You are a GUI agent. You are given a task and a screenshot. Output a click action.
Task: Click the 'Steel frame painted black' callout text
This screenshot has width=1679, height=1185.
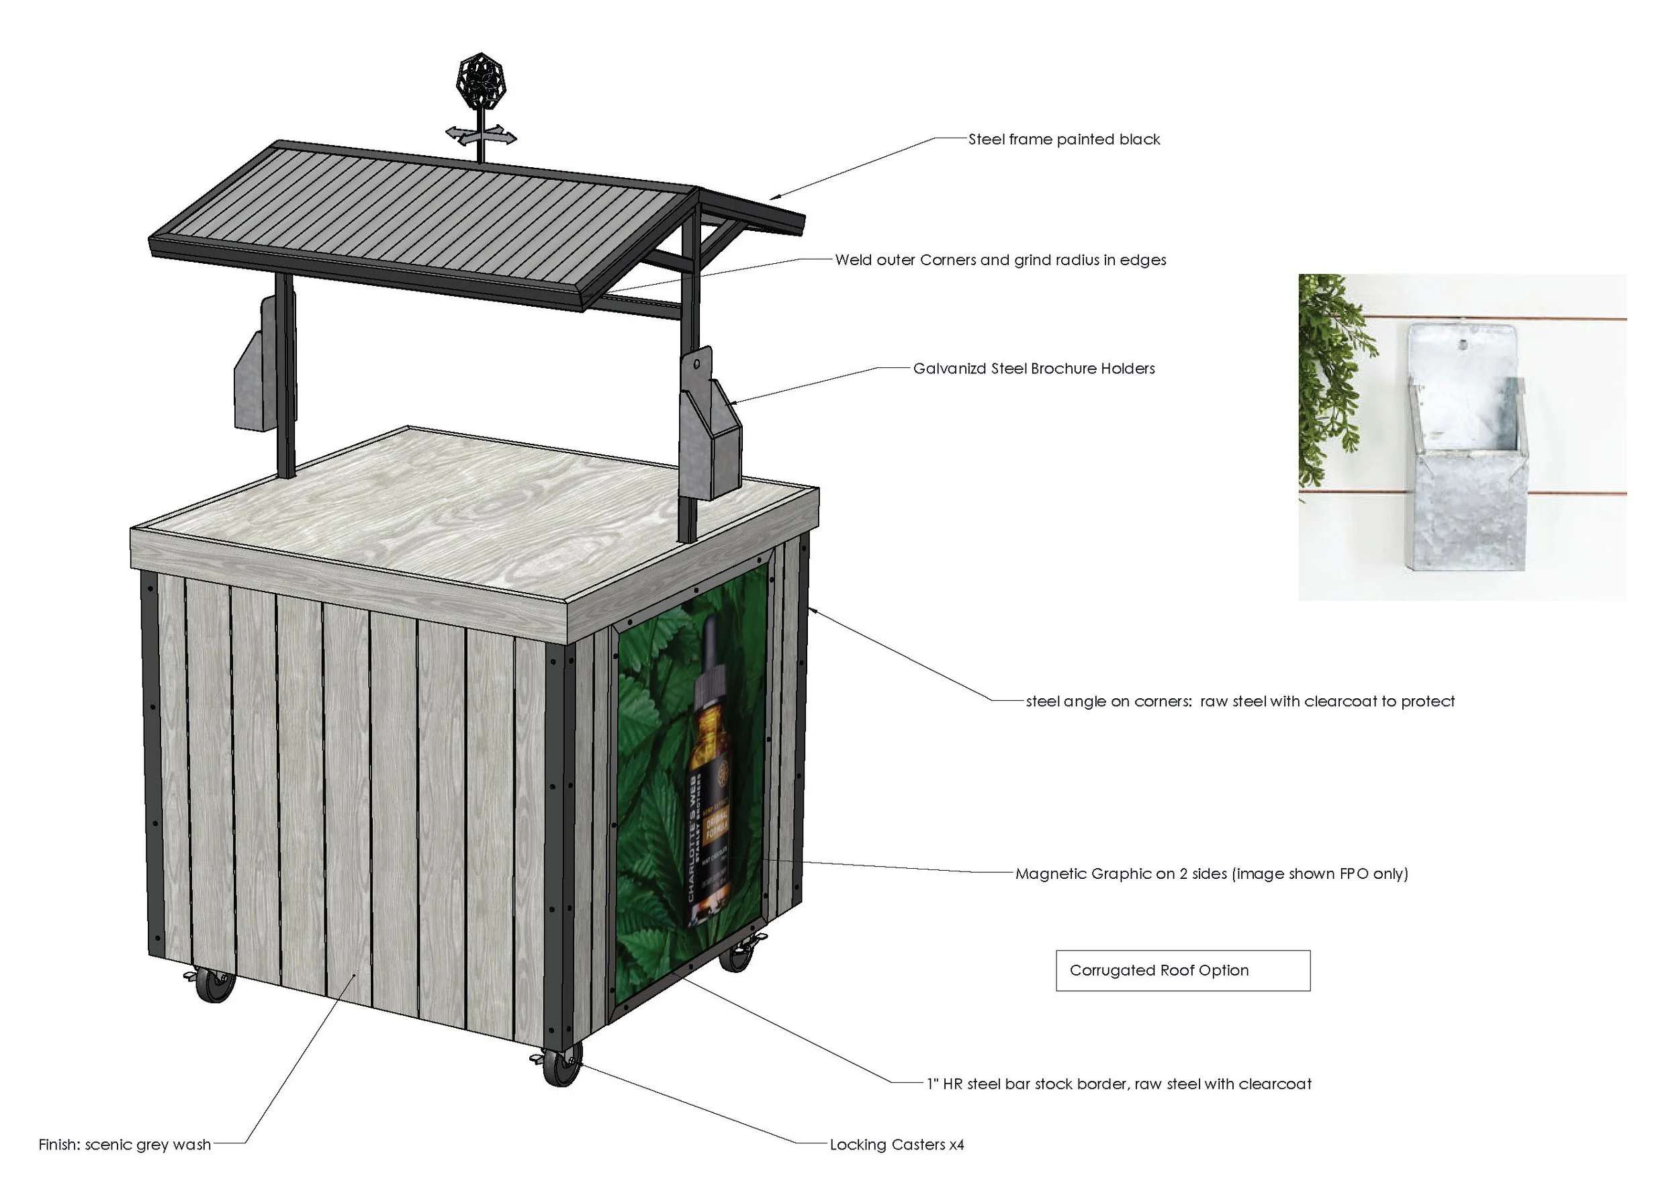click(x=1063, y=140)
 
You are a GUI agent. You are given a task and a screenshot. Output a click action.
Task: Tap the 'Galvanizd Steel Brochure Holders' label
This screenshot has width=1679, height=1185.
click(x=1034, y=369)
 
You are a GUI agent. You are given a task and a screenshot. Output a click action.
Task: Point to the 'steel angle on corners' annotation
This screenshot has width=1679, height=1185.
click(x=1240, y=702)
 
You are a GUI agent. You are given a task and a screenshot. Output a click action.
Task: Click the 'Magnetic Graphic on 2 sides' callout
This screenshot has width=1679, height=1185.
click(x=1211, y=873)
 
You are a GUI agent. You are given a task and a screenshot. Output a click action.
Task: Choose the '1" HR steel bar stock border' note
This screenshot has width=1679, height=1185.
click(x=1118, y=1084)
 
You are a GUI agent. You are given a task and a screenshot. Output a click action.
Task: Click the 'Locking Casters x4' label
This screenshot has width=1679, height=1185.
click(x=896, y=1145)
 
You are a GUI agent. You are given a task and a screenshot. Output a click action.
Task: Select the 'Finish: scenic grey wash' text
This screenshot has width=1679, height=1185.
click(x=124, y=1145)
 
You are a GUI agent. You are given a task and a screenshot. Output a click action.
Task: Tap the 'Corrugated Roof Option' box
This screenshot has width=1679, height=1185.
click(x=1183, y=971)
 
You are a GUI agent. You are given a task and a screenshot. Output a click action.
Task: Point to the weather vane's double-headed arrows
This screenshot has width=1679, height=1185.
click(x=481, y=135)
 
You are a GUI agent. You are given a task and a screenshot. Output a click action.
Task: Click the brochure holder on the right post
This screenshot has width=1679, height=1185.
click(x=709, y=431)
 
